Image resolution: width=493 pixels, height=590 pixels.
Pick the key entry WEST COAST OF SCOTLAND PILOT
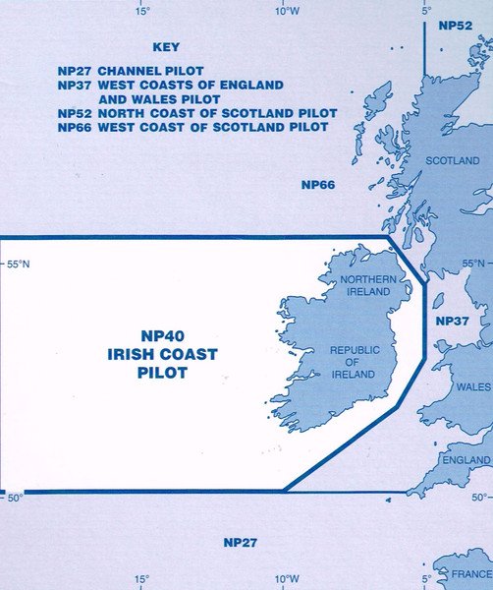(x=198, y=127)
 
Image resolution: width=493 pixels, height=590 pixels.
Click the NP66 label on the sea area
(x=318, y=184)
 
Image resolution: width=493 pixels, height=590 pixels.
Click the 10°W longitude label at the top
(x=287, y=11)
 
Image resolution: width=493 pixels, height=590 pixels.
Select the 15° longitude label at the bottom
(x=142, y=579)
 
